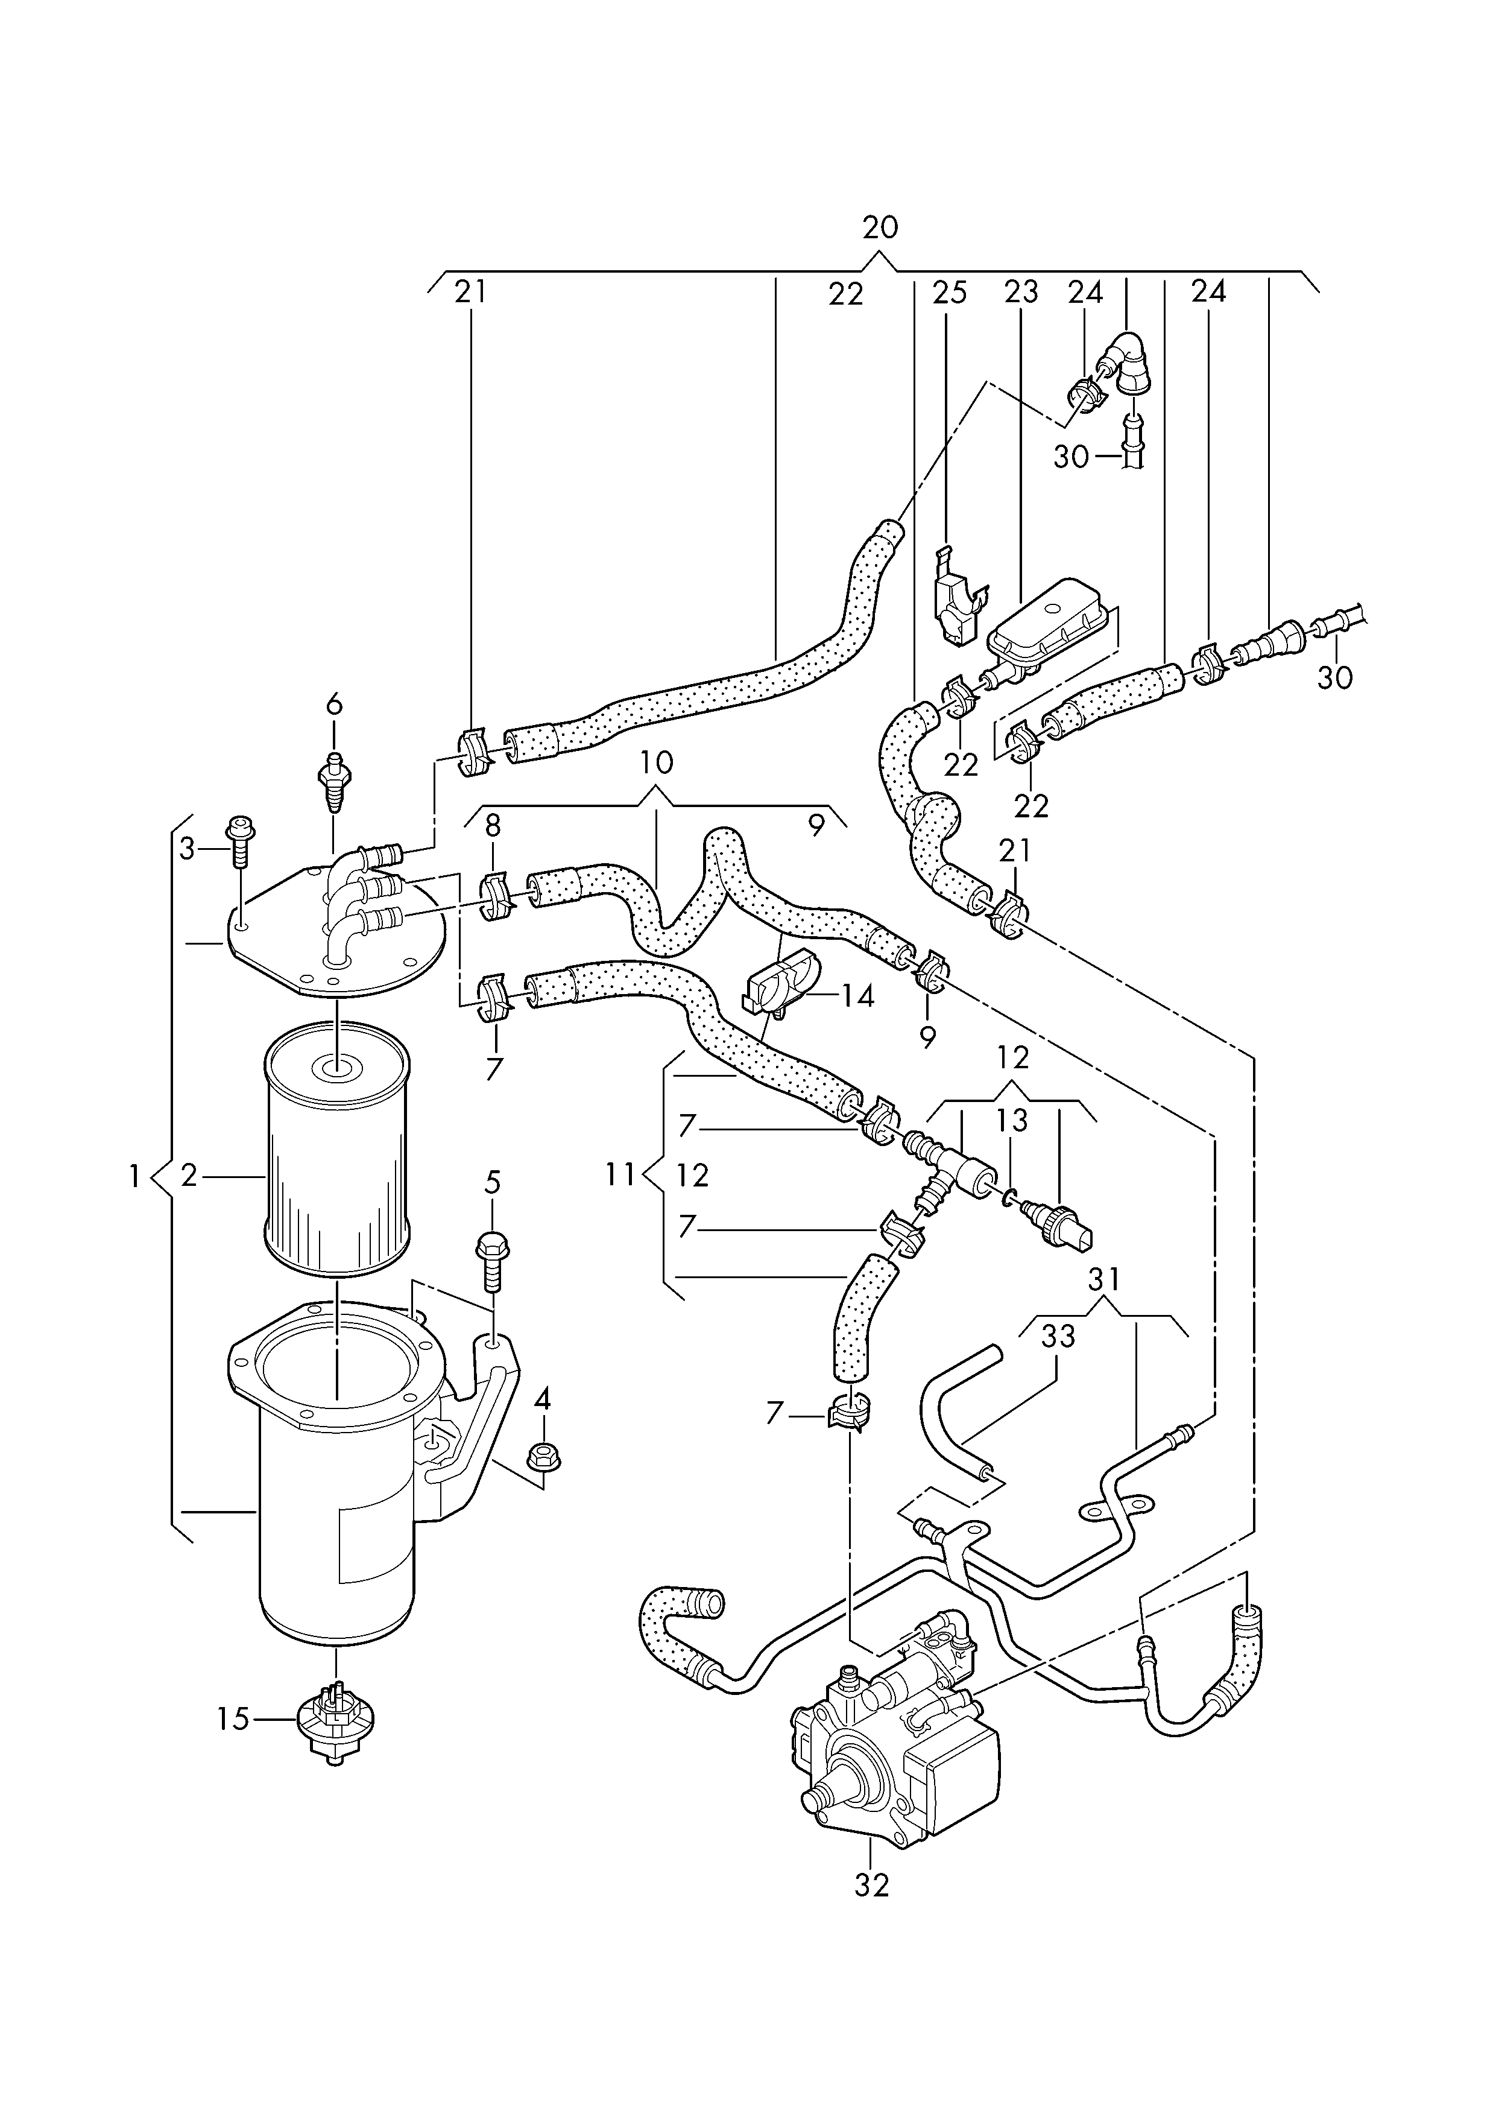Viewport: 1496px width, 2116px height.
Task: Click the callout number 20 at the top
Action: (x=880, y=227)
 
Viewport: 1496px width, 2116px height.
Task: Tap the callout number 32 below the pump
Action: (x=871, y=1885)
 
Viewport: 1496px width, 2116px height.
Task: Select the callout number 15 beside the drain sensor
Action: (x=234, y=1718)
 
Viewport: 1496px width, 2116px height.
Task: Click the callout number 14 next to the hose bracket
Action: (x=857, y=996)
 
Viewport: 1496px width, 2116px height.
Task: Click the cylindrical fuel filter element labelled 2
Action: (x=336, y=1153)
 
